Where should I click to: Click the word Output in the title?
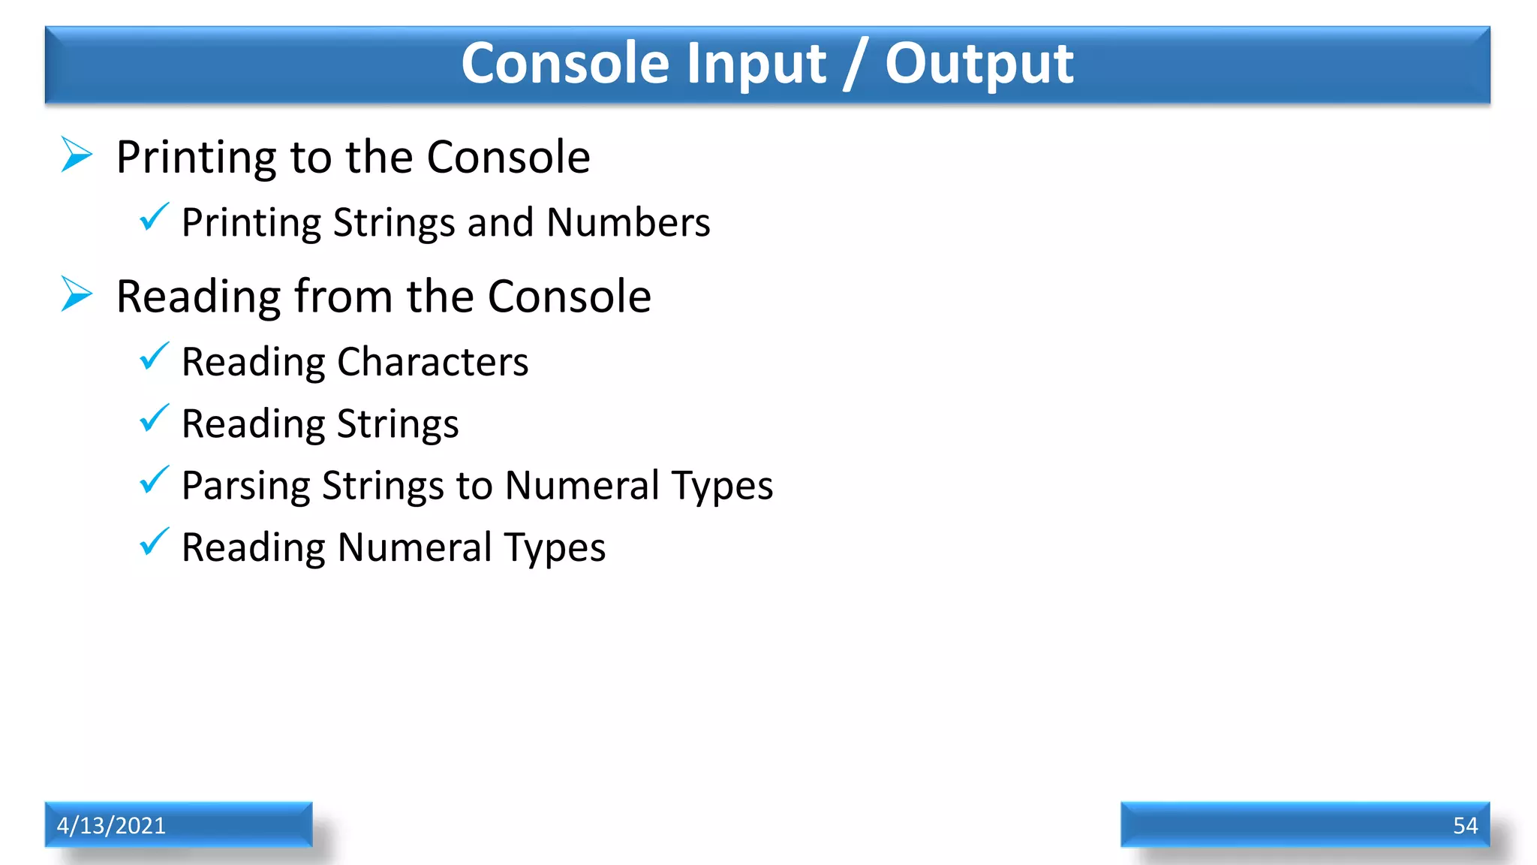click(979, 65)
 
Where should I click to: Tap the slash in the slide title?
click(855, 65)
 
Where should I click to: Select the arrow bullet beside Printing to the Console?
click(76, 155)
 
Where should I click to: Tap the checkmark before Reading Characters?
click(154, 357)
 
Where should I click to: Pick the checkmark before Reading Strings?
click(154, 419)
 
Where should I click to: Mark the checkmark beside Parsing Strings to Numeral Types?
click(154, 481)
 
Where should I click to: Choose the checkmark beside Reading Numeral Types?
click(154, 542)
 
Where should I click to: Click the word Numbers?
click(628, 222)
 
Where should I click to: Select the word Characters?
click(433, 362)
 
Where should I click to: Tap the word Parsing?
click(246, 486)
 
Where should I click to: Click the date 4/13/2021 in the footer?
click(111, 825)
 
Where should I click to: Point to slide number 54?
click(1465, 825)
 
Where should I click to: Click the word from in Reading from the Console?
click(344, 296)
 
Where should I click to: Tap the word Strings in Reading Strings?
click(398, 424)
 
